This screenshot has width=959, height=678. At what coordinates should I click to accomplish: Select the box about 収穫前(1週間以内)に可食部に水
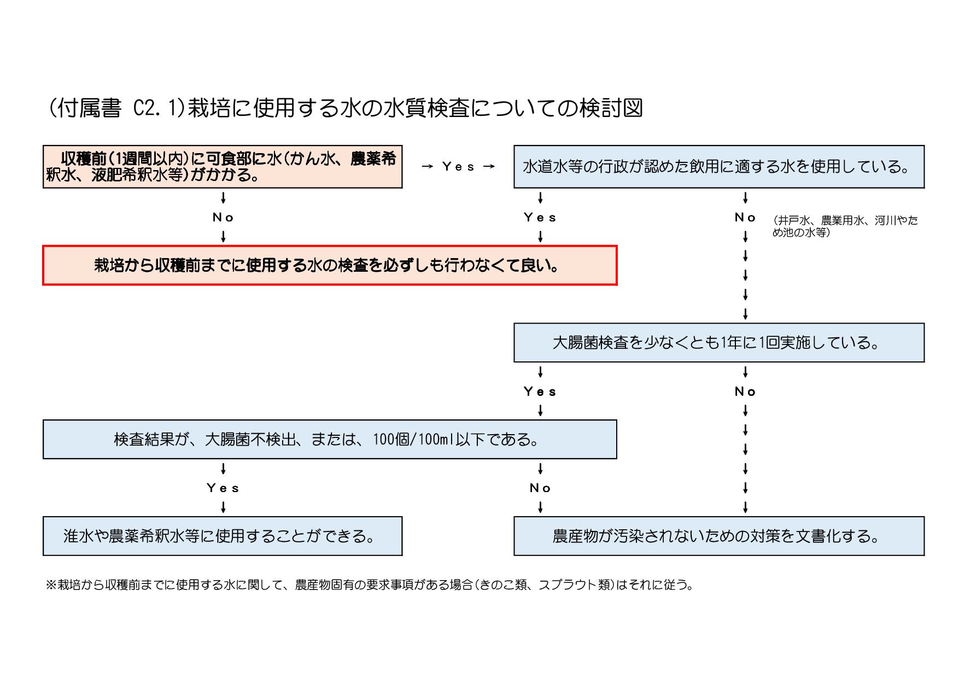[223, 167]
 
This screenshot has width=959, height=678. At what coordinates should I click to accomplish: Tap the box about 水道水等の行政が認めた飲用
[718, 167]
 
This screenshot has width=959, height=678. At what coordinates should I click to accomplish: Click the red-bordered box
[330, 266]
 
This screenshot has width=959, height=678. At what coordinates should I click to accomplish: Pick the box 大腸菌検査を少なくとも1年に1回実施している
[718, 343]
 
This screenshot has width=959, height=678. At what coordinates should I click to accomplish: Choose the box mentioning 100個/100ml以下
[330, 440]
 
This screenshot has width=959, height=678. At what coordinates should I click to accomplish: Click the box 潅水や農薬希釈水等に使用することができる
[223, 536]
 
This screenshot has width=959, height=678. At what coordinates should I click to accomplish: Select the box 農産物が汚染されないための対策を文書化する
[718, 536]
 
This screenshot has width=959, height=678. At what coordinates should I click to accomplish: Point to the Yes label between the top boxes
[458, 167]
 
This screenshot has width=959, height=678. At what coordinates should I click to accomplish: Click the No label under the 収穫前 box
[223, 218]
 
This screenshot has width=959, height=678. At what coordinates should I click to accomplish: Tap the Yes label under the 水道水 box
[540, 218]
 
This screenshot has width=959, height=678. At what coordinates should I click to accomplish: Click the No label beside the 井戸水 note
[745, 218]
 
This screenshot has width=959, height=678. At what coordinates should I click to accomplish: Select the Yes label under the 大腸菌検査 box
[540, 391]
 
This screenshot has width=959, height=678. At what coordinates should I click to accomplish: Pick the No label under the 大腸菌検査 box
[745, 391]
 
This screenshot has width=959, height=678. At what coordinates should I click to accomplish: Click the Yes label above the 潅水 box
[223, 488]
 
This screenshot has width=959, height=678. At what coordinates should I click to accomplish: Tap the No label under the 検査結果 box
[540, 488]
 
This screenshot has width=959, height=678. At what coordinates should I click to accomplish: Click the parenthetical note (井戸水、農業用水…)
[845, 226]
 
